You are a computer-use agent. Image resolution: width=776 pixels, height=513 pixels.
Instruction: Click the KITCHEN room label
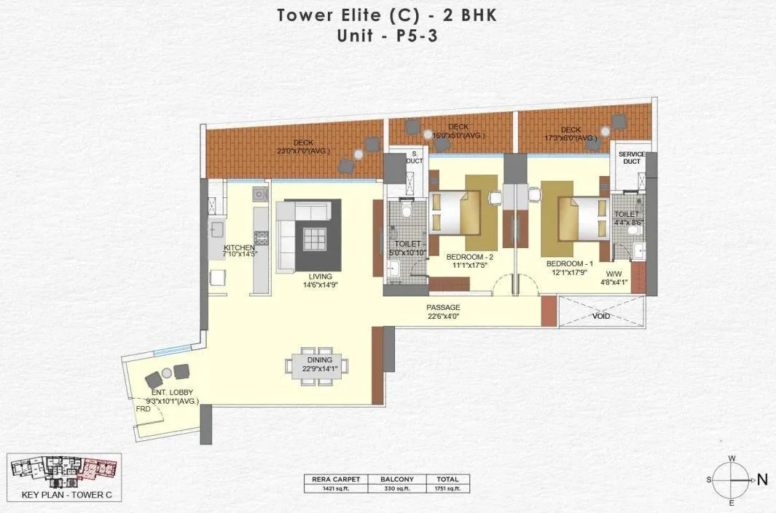pyautogui.click(x=238, y=247)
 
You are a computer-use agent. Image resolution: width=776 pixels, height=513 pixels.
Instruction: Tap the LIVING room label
pyautogui.click(x=320, y=277)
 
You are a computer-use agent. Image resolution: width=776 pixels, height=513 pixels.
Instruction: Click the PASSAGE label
pyautogui.click(x=443, y=308)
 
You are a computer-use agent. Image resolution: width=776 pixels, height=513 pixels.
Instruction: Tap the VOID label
pyautogui.click(x=602, y=317)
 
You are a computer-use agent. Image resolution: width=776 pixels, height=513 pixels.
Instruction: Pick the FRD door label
pyautogui.click(x=144, y=409)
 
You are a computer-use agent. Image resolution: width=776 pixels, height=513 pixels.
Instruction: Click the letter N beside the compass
pyautogui.click(x=762, y=480)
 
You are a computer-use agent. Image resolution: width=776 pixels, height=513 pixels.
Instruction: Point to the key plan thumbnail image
pyautogui.click(x=64, y=472)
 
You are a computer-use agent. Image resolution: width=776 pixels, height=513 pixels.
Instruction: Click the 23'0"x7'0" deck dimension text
pyautogui.click(x=303, y=151)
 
